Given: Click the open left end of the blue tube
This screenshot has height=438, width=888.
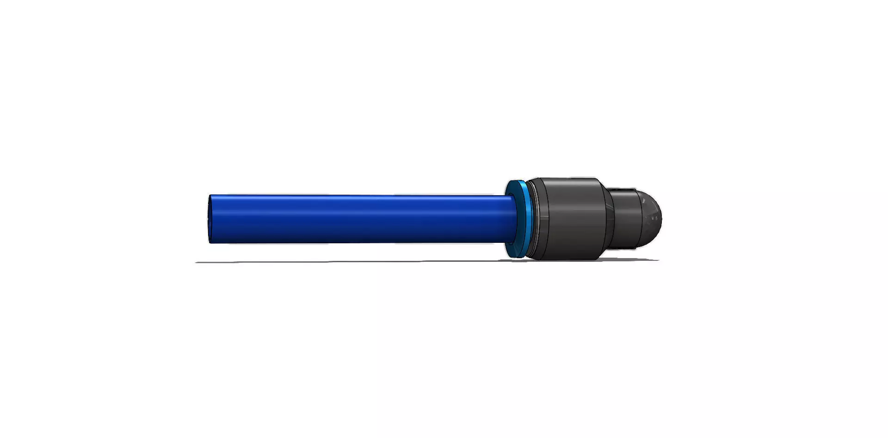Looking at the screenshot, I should [x=210, y=219].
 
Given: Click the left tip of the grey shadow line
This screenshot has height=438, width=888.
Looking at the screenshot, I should [x=197, y=262].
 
